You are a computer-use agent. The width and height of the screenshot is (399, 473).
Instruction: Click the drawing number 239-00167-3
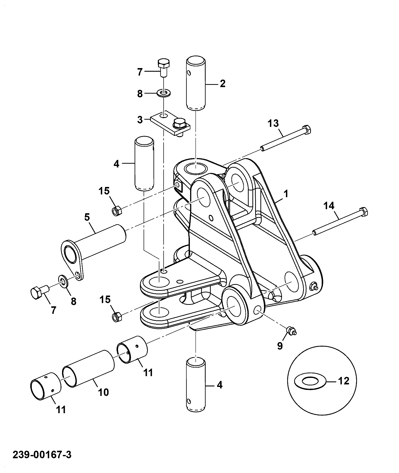42,454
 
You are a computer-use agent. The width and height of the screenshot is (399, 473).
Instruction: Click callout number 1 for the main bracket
286,193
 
